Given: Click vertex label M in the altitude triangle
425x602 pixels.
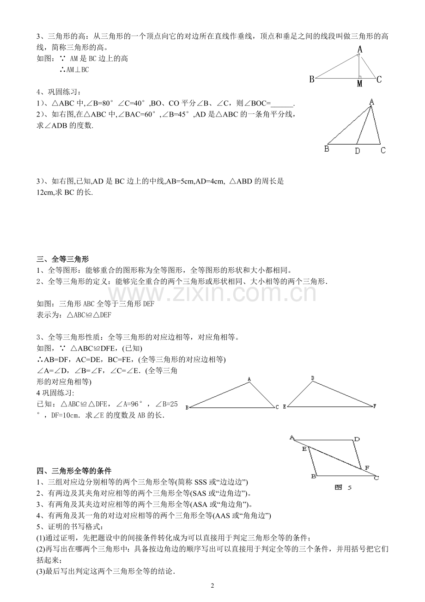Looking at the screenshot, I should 359,83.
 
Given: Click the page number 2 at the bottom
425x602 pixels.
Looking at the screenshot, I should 212,586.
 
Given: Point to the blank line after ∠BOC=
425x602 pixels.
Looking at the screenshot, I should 283,103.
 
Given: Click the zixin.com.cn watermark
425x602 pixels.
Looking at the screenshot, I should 212,293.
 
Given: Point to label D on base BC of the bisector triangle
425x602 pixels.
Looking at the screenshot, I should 357,151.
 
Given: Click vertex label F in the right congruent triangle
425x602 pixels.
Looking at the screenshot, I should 375,406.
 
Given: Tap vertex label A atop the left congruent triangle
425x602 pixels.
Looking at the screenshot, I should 249,379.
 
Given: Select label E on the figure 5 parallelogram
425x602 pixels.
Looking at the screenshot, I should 304,448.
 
